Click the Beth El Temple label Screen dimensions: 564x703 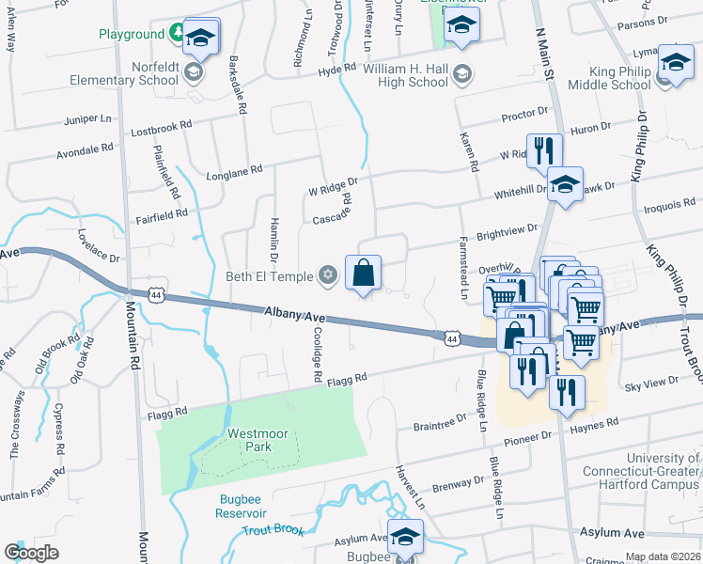pos(271,275)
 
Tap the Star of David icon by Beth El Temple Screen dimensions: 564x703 pos(327,274)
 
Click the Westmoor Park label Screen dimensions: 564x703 pos(250,440)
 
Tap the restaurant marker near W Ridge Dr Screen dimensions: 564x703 pos(544,149)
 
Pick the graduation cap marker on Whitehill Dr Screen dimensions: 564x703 pos(565,184)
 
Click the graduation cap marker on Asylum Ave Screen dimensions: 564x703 pos(405,537)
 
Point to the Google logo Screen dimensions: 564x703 pos(31,553)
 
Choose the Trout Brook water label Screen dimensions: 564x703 pos(273,530)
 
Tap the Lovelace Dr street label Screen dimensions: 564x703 pos(100,245)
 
